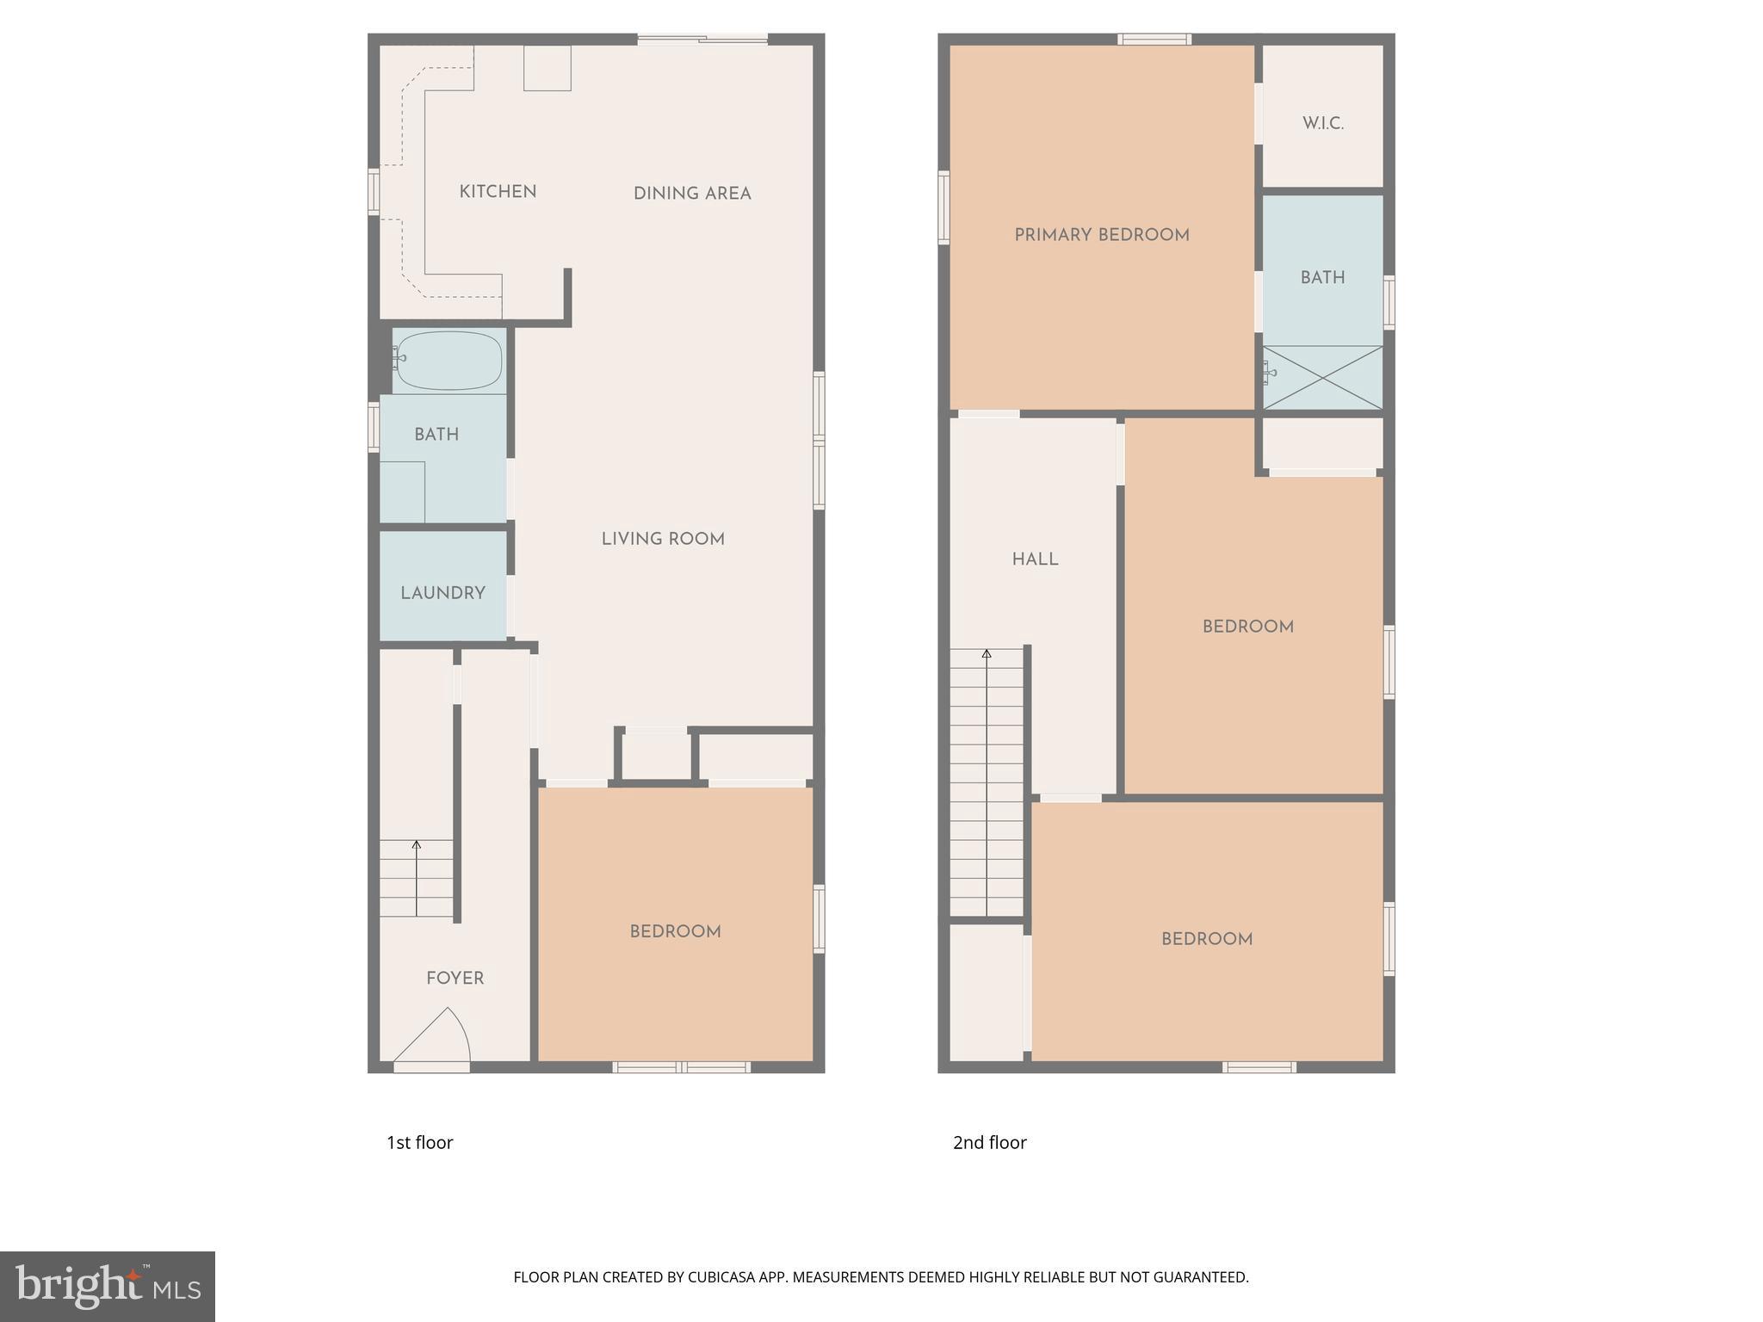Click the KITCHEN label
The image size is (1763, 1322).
coord(498,192)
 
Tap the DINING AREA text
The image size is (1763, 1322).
coord(692,194)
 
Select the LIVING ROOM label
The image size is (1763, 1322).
coord(663,540)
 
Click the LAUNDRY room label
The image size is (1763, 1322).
coord(442,593)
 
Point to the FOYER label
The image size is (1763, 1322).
coord(455,979)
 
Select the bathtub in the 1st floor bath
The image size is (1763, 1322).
coord(448,360)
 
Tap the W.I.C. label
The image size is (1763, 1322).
coord(1322,123)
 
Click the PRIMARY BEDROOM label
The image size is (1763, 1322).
coord(1102,235)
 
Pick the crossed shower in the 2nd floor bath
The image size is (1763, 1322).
coord(1322,377)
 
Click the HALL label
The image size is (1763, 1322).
coord(1035,559)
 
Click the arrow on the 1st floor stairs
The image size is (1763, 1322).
coord(417,847)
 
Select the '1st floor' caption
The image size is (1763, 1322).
coord(419,1142)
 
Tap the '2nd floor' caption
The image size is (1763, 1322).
coord(989,1142)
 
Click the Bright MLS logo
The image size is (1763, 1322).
coord(108,1286)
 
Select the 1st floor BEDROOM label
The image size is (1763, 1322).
coord(675,931)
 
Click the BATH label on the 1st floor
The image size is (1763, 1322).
coord(436,435)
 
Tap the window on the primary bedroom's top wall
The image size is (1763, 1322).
coord(1154,39)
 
